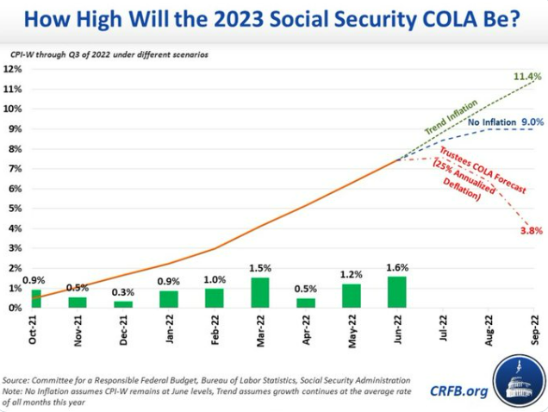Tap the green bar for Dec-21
123,304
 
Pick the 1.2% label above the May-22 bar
352,275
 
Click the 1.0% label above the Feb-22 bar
215,279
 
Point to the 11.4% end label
526,77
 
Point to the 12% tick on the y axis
16,69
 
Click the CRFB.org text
459,391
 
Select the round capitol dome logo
517,386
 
